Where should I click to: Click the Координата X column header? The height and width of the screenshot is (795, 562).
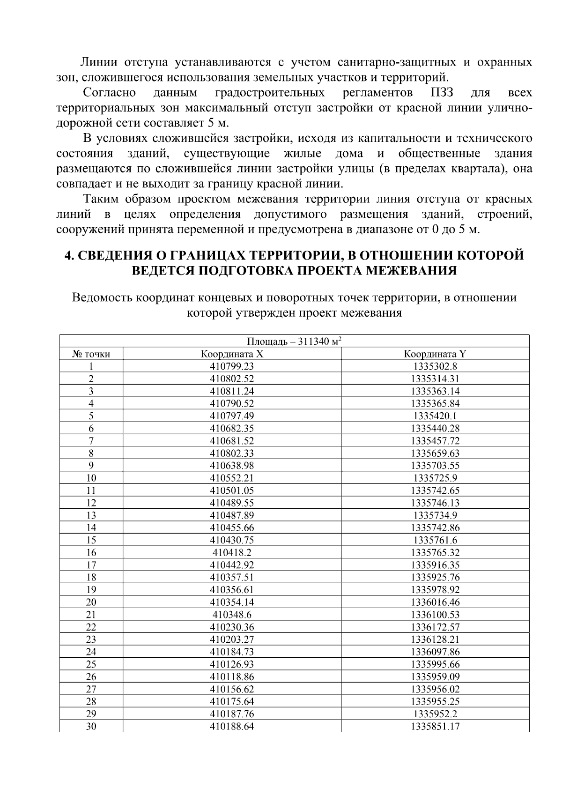pyautogui.click(x=232, y=354)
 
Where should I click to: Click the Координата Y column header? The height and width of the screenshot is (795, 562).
pyautogui.click(x=435, y=354)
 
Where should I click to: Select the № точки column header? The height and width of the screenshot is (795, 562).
pyautogui.click(x=91, y=354)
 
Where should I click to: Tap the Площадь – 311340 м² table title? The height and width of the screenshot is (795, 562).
pyautogui.click(x=294, y=342)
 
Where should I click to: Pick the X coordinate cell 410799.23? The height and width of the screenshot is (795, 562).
pyautogui.click(x=232, y=366)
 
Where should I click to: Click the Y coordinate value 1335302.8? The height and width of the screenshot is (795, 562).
pyautogui.click(x=435, y=366)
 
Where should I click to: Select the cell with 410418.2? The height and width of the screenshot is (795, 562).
pyautogui.click(x=232, y=552)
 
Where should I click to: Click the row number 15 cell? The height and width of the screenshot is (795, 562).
pyautogui.click(x=91, y=540)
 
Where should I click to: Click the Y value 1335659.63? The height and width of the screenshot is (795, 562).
pyautogui.click(x=435, y=453)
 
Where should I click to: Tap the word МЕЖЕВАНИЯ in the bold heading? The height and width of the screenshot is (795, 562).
pyautogui.click(x=410, y=271)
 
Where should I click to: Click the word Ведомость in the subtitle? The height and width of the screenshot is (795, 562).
pyautogui.click(x=100, y=298)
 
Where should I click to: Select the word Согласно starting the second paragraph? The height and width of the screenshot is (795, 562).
pyautogui.click(x=109, y=92)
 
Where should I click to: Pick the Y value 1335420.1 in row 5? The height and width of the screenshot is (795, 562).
pyautogui.click(x=435, y=416)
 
